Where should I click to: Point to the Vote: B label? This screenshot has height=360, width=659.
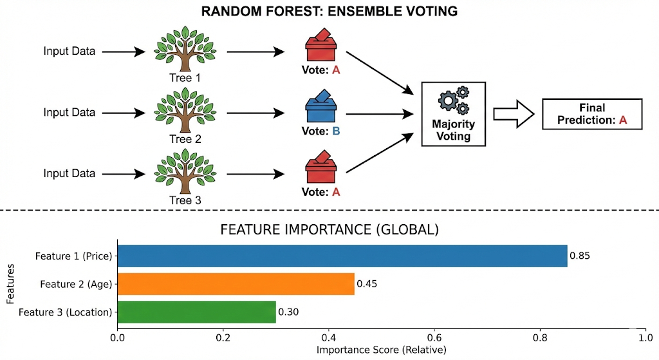pos(320,131)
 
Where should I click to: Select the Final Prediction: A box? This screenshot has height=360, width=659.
pos(592,114)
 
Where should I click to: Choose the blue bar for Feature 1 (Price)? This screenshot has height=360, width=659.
pos(342,256)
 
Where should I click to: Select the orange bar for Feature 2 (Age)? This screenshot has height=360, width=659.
pos(236,283)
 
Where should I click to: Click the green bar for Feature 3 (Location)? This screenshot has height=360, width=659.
pos(196,312)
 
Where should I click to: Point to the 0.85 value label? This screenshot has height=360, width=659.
pos(580,256)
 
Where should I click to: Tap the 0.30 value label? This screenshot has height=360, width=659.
pos(289,312)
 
